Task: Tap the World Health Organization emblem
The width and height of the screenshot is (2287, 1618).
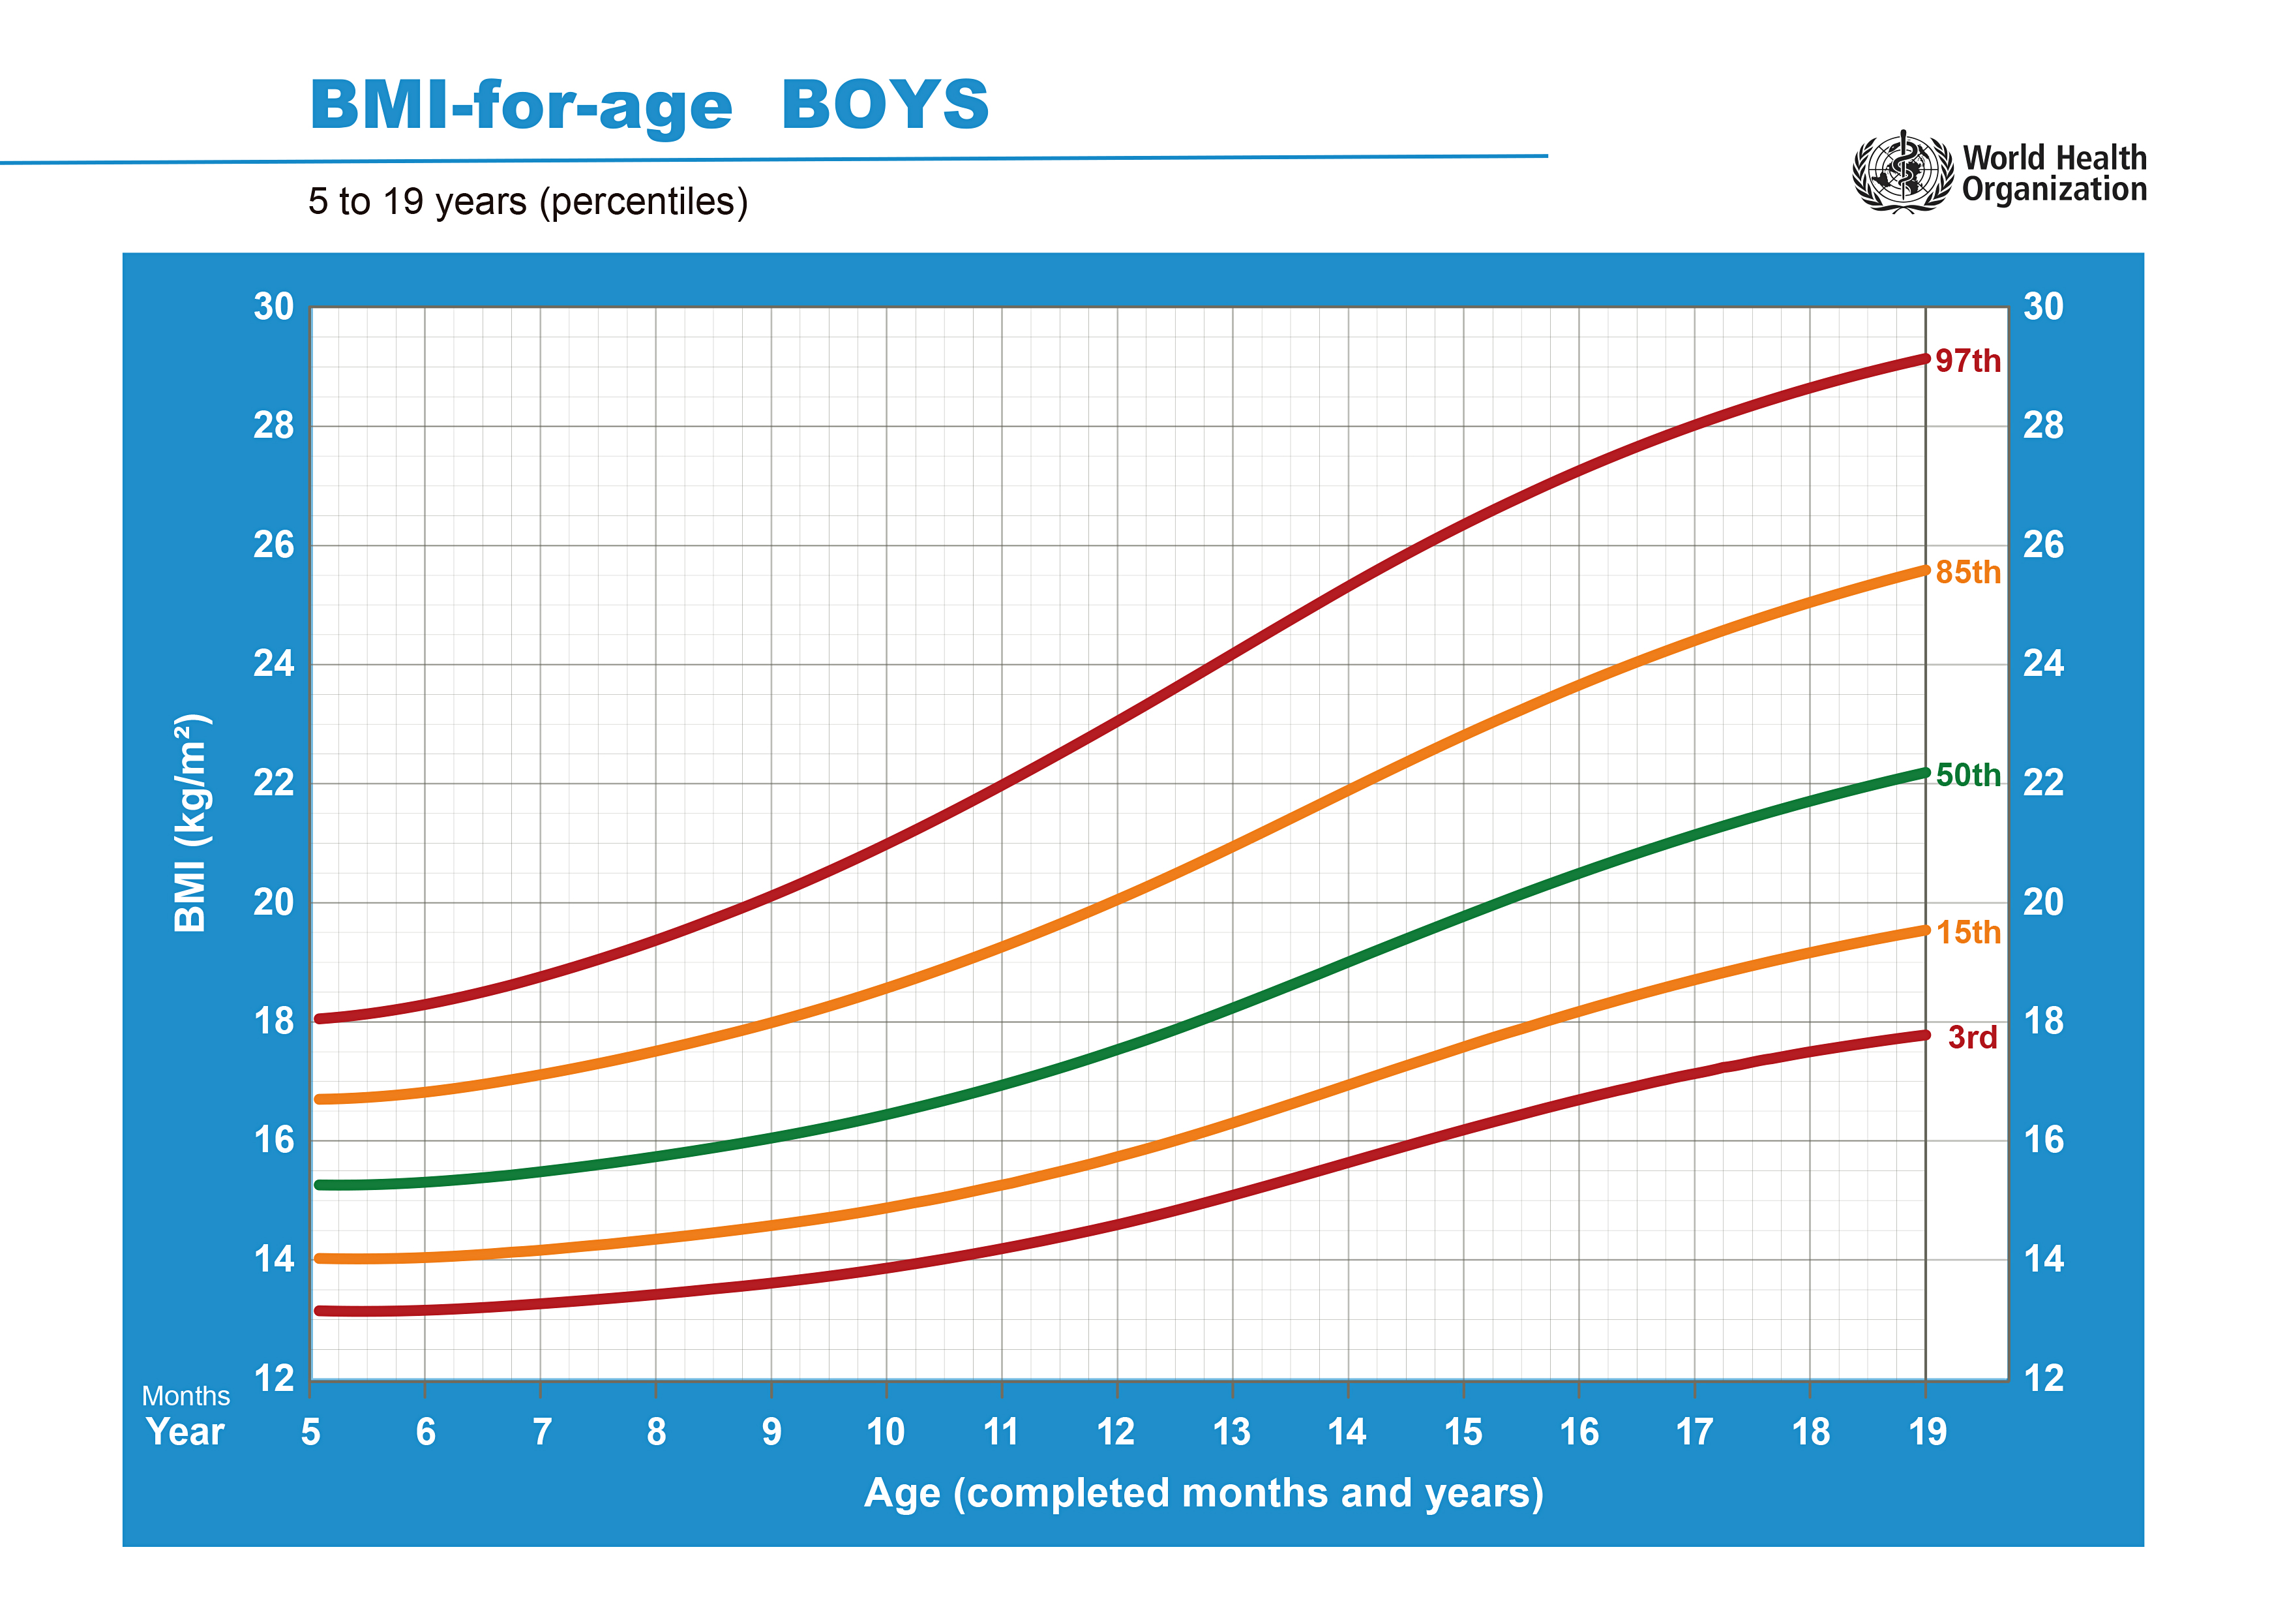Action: point(1902,172)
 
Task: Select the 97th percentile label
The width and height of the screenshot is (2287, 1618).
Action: point(1967,361)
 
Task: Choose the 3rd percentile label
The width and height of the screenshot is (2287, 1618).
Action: point(1972,1037)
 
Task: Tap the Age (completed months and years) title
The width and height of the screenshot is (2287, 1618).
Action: point(1203,1493)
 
